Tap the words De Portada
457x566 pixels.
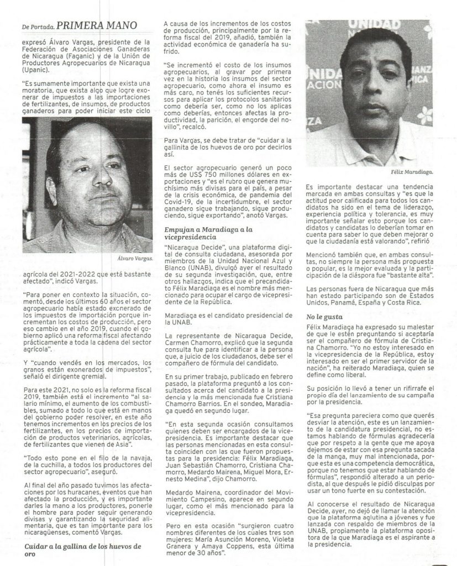point(39,25)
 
